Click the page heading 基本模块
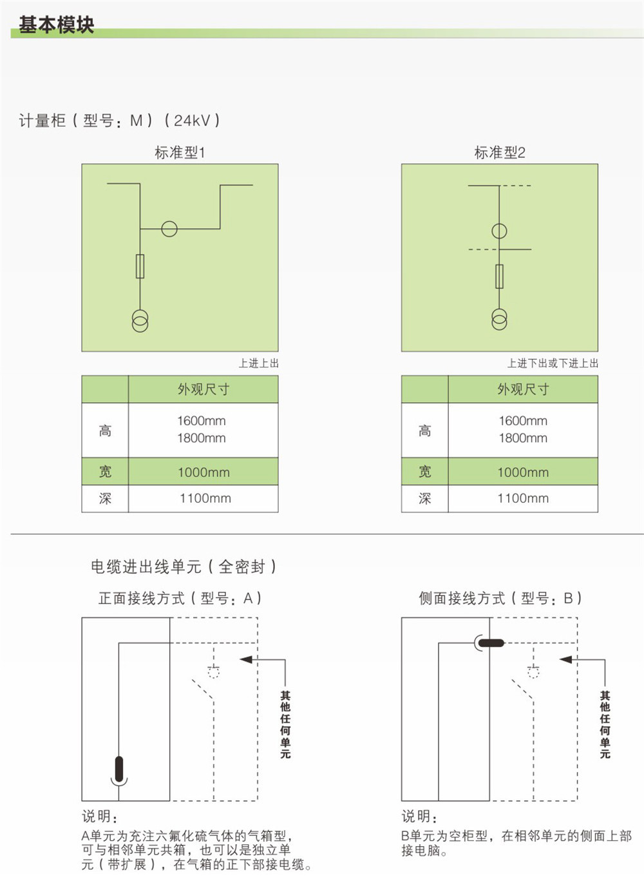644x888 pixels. click(56, 25)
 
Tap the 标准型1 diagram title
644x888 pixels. click(180, 152)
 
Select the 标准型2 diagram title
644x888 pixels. click(500, 152)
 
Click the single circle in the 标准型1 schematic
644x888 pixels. click(169, 229)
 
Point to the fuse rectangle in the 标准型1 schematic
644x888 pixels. click(140, 266)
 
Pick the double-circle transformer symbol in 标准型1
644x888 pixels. click(140, 321)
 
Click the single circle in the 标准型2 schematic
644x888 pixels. click(499, 231)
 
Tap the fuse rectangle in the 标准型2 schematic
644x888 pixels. click(499, 276)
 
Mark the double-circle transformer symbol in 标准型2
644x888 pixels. click(499, 320)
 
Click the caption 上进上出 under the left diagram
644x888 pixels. click(259, 363)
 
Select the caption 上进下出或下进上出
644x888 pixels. click(553, 363)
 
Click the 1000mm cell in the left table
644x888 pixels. click(204, 472)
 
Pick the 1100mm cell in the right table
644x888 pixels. click(523, 498)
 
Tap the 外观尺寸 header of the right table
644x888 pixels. click(523, 389)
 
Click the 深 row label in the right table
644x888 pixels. click(424, 498)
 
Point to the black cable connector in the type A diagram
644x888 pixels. click(119, 769)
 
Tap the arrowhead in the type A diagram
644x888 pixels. click(247, 660)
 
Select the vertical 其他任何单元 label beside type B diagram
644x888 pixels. click(605, 725)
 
